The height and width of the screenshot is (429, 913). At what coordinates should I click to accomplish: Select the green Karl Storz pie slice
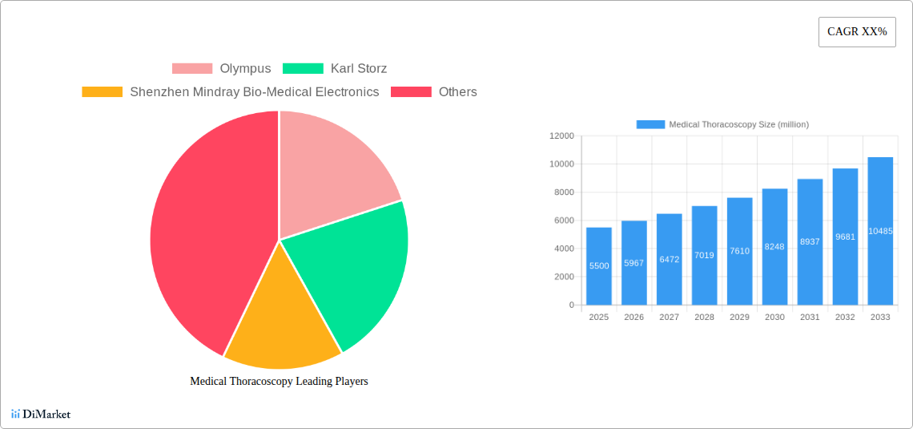point(352,273)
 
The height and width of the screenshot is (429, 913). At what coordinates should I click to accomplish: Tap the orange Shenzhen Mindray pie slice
point(280,321)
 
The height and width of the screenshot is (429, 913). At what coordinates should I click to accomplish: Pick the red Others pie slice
point(208,233)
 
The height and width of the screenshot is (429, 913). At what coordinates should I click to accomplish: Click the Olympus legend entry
point(222,69)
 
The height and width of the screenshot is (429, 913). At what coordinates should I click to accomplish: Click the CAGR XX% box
point(856,32)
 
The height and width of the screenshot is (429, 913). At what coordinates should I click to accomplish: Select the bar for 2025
point(599,266)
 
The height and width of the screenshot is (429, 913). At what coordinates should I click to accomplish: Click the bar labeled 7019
point(705,255)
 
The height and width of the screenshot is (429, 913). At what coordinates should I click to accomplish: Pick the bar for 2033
point(880,231)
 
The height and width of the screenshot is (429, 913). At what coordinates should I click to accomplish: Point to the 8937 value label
point(810,241)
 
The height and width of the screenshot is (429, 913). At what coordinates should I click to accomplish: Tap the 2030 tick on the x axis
point(774,318)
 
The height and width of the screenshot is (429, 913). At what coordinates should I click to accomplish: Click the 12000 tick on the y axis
point(561,136)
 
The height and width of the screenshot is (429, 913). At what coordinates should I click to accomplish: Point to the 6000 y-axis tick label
point(563,221)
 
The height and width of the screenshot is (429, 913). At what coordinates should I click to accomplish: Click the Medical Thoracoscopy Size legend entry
point(722,124)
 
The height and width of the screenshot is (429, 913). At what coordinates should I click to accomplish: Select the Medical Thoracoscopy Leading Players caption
point(279,382)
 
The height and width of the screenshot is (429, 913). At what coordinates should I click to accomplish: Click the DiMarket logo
point(41,415)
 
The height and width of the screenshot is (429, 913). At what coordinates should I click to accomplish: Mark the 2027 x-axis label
point(669,318)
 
